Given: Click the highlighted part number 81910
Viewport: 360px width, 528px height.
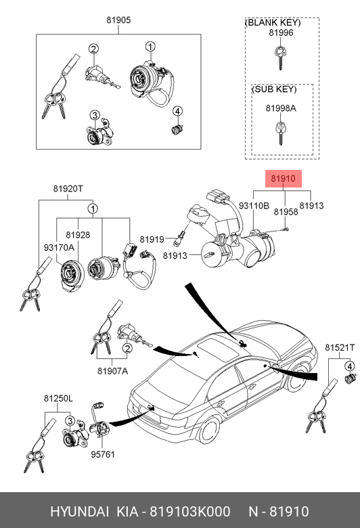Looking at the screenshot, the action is point(284,179).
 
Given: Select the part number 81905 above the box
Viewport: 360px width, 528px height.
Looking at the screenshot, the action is point(118,20).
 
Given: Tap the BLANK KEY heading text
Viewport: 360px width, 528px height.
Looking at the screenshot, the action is point(273,23).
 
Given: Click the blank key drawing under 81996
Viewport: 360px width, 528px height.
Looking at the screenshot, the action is point(280,58).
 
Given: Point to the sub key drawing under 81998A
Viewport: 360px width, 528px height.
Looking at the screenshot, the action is point(280,133).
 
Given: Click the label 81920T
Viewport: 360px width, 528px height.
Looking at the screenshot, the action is point(68,189).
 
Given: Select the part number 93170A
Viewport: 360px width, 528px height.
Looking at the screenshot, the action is point(59,248).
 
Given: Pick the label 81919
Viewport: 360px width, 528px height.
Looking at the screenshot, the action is point(152,240).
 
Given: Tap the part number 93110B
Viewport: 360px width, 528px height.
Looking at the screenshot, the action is point(254,205).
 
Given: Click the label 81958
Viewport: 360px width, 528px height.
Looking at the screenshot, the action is point(286,212).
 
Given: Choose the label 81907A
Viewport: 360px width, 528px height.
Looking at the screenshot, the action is point(113,371).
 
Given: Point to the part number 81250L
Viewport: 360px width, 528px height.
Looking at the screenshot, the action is point(58,399).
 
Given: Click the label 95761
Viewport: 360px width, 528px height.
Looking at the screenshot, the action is point(103,455).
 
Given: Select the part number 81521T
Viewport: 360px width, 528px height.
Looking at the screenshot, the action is point(340,347).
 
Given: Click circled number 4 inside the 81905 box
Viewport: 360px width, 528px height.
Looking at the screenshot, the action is point(177,111).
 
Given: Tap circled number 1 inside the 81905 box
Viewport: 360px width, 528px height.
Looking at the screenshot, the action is point(150,47).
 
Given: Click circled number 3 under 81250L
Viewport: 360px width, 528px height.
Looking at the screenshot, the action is point(70,421).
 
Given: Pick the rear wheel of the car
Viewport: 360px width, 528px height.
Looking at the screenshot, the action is point(209,431).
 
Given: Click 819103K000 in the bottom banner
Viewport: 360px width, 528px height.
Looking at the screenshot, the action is point(190,512).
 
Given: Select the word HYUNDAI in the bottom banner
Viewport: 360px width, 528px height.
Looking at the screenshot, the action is point(79,512).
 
